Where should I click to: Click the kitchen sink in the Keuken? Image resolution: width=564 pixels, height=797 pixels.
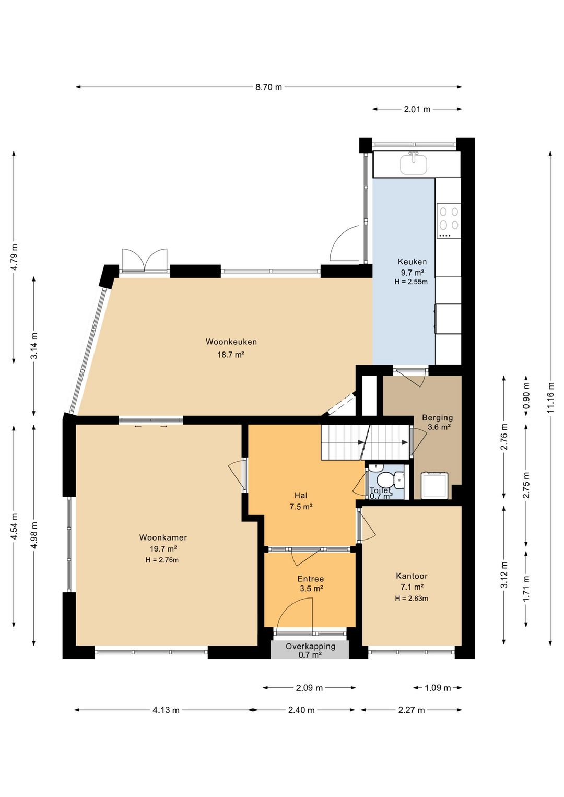pos(414,163)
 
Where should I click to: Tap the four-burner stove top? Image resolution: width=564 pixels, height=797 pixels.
pos(449,220)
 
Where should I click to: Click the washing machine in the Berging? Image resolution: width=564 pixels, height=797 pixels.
pos(434,485)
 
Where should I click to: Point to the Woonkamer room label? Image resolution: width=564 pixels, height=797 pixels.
pos(163,537)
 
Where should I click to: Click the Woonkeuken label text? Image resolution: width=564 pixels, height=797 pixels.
pos(231,342)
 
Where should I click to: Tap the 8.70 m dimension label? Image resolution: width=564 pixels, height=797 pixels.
pos(268,87)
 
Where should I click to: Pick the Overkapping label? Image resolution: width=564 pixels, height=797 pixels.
pos(310,646)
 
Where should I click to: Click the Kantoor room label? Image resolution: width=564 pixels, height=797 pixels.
pos(412,576)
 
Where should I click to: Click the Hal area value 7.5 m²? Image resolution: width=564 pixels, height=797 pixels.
pos(301,507)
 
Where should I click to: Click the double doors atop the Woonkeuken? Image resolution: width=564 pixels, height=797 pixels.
pos(144,260)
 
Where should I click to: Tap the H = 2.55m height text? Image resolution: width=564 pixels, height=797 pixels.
pos(411,282)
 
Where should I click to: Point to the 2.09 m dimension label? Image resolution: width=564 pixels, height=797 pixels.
pos(309,688)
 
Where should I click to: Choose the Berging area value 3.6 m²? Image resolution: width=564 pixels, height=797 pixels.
pos(439,427)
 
